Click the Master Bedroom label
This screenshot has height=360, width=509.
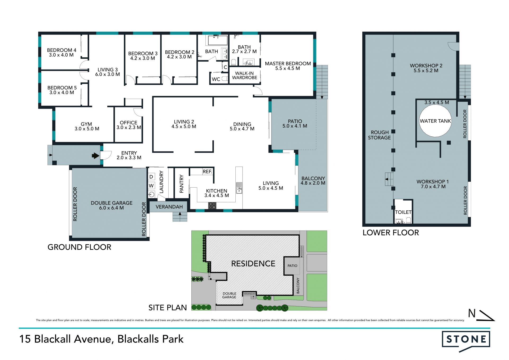[288, 64]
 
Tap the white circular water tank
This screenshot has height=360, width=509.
[435, 121]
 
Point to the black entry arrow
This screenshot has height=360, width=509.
[95, 156]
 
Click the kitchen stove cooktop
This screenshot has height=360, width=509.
[212, 206]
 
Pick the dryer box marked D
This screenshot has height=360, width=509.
[151, 177]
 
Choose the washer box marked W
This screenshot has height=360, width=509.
[151, 186]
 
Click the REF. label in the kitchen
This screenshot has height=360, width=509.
[207, 172]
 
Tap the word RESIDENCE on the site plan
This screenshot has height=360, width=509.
[253, 264]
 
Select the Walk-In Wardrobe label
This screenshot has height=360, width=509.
[244, 75]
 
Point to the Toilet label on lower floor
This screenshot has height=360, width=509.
[403, 212]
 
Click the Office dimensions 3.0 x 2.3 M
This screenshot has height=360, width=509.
[129, 128]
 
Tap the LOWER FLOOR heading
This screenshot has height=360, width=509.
[391, 233]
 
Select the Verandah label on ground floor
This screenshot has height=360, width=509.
[169, 207]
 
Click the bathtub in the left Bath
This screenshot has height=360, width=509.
[218, 40]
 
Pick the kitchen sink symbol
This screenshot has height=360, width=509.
[239, 188]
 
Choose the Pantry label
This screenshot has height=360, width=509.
[182, 184]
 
